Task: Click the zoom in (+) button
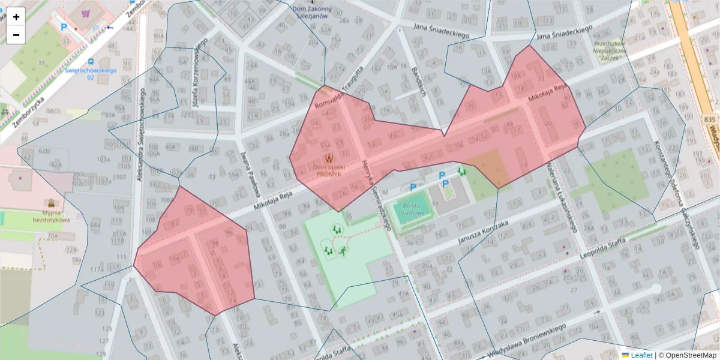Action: tap(16, 17)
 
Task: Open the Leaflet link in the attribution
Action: tap(641, 355)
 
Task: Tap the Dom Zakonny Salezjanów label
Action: tap(311, 12)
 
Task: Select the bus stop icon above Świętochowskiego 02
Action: tap(91, 61)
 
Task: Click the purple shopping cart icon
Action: tap(88, 13)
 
